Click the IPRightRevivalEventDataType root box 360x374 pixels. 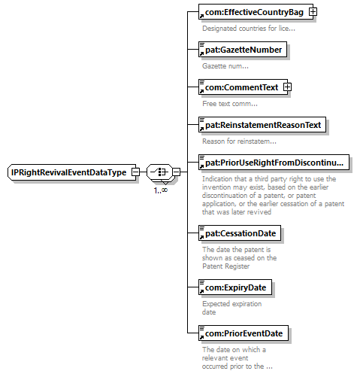(72, 172)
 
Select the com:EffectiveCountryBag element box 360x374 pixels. (256, 11)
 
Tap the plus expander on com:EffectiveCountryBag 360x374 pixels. (313, 11)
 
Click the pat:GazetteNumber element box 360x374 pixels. (243, 50)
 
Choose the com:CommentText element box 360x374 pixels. (243, 87)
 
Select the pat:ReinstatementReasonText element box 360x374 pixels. (262, 125)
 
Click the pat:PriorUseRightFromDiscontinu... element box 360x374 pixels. (274, 163)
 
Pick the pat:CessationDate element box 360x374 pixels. (240, 233)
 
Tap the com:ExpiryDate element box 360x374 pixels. (235, 287)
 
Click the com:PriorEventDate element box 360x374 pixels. (244, 333)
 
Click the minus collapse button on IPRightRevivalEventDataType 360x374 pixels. (135, 172)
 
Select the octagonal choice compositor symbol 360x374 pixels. (159, 172)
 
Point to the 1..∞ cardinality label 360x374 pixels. (161, 190)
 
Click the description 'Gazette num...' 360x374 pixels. (225, 66)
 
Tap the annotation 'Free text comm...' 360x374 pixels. (230, 104)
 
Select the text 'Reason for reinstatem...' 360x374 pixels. (239, 141)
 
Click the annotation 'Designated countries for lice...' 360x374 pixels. (249, 29)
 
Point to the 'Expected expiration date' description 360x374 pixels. (231, 308)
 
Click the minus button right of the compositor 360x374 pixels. (177, 172)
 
